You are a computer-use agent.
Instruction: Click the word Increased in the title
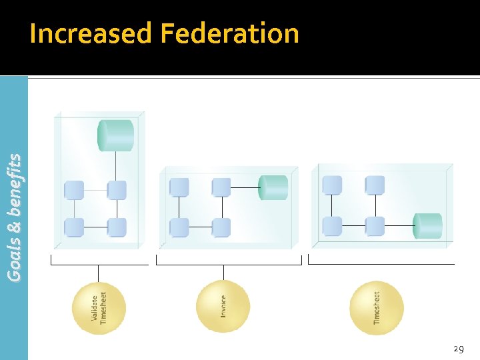point(91,33)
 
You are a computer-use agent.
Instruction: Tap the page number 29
point(458,349)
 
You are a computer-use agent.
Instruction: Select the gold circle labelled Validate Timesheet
point(99,308)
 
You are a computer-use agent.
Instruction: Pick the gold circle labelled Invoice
point(223,307)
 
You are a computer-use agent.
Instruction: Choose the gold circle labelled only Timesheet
point(377,308)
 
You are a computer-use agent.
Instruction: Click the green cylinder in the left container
point(116,135)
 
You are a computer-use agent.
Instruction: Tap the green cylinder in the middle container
point(273,187)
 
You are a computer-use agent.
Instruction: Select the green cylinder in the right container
point(427,226)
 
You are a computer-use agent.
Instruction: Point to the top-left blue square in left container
point(74,190)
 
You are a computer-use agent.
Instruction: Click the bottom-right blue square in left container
point(117,227)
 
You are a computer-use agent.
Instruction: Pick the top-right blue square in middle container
point(221,187)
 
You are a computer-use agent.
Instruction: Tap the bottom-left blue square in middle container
point(179,227)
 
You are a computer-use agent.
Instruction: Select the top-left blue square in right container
point(332,185)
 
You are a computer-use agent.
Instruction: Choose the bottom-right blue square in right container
point(375,226)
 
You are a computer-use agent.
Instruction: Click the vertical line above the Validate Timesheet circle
point(99,273)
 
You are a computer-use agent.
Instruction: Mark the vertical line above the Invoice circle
point(223,272)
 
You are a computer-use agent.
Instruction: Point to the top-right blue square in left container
point(117,190)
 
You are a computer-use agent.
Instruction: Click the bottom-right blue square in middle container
point(221,227)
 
